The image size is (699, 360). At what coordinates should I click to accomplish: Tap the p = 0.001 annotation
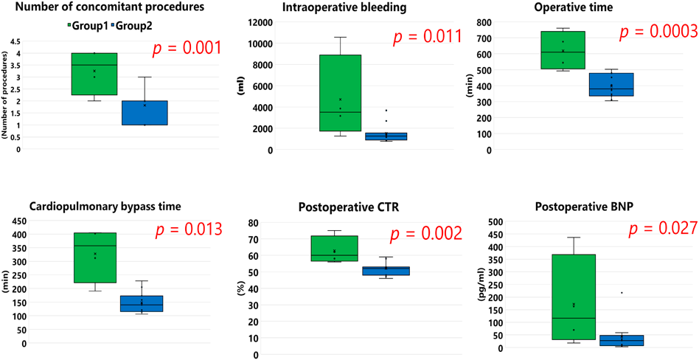tap(187, 49)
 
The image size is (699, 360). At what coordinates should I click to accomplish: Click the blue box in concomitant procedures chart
tap(145, 113)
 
